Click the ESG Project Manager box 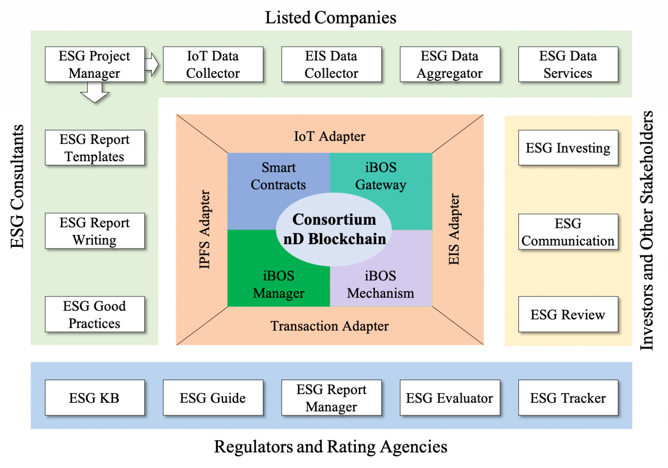click(95, 64)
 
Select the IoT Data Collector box click(213, 64)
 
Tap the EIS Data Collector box click(331, 64)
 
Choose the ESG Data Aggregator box click(450, 64)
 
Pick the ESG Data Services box click(568, 64)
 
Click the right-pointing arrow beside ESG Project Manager click(152, 64)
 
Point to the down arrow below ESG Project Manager click(95, 93)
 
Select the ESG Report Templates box click(95, 148)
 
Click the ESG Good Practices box click(95, 314)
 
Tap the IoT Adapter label click(330, 136)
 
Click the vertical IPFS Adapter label click(204, 229)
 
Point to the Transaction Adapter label click(330, 326)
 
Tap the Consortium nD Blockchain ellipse click(334, 229)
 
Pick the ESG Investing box click(568, 148)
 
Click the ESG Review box click(568, 314)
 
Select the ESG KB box click(95, 398)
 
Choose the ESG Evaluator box click(450, 398)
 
